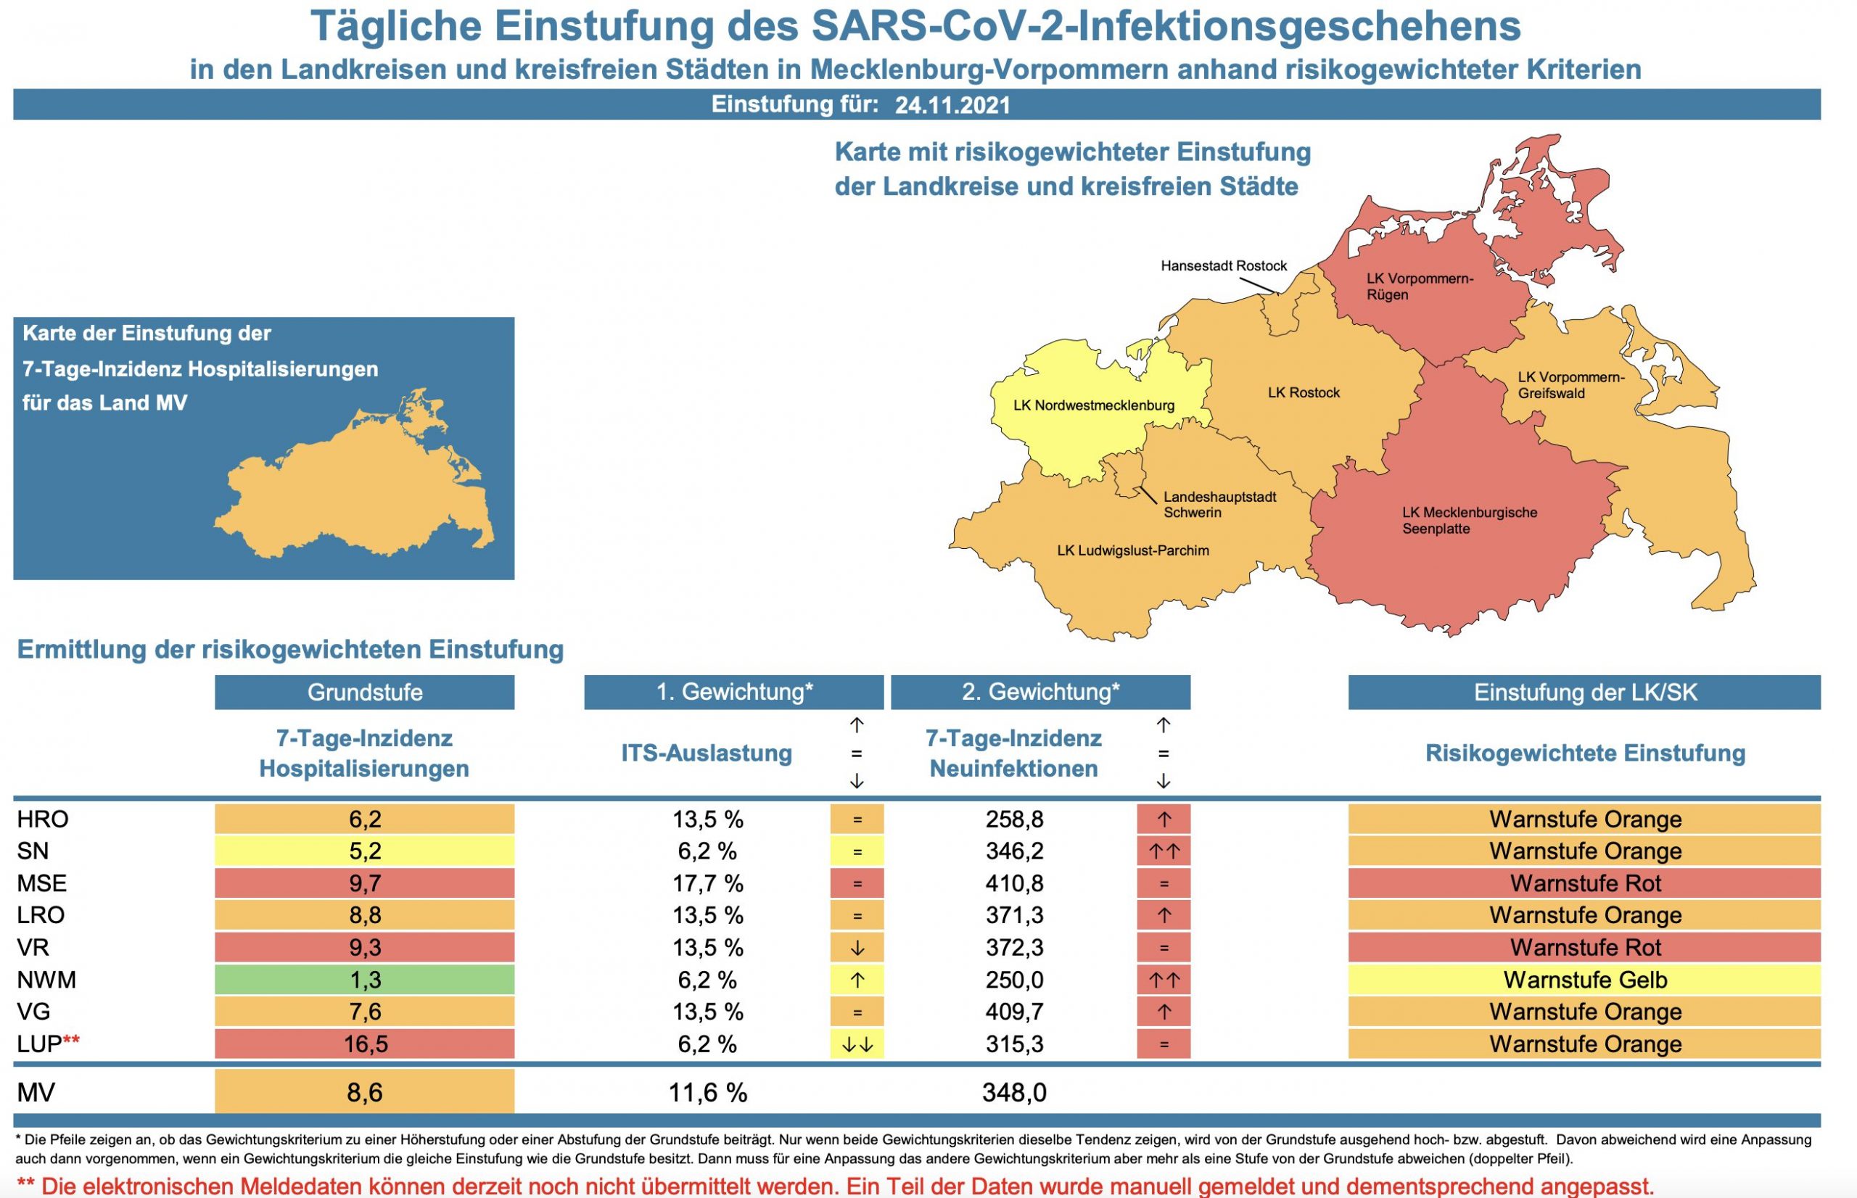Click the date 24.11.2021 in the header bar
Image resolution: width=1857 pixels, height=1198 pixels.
(x=952, y=105)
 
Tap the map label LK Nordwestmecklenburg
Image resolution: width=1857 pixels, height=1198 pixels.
(x=1093, y=405)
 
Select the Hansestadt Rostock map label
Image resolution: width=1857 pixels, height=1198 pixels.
(x=1223, y=266)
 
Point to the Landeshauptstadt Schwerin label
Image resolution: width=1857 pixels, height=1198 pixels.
(x=1219, y=505)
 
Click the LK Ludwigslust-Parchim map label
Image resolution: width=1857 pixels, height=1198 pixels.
(x=1133, y=550)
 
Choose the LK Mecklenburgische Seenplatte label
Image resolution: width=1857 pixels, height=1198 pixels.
(x=1469, y=521)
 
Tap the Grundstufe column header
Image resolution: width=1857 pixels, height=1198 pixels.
(x=364, y=693)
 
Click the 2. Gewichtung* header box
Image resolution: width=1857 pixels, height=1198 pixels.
(x=1040, y=693)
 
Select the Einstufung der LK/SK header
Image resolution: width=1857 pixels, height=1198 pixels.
(x=1585, y=693)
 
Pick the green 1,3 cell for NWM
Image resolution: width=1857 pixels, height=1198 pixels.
(x=364, y=980)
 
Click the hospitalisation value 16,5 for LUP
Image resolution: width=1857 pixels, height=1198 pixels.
(x=364, y=1044)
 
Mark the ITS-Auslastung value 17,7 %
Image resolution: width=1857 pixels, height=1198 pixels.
(x=707, y=884)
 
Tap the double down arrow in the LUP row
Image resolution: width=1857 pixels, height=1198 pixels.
(x=857, y=1044)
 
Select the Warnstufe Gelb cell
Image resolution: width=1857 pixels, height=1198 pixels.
(x=1585, y=980)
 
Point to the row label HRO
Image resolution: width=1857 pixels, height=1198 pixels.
(x=43, y=819)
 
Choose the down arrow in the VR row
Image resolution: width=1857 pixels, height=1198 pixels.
(x=857, y=948)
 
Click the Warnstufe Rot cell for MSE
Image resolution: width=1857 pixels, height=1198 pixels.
(x=1585, y=884)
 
